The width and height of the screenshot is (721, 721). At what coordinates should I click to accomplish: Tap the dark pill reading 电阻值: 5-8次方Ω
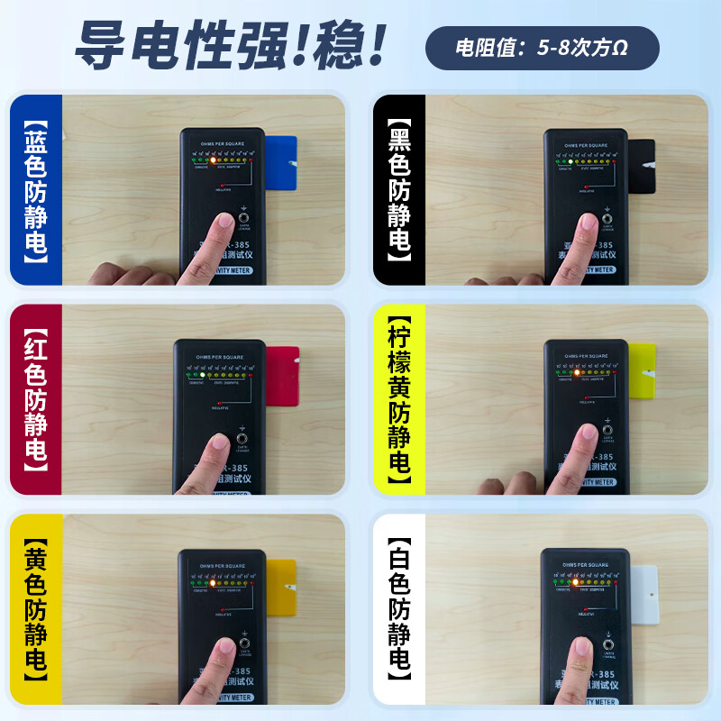click(x=542, y=48)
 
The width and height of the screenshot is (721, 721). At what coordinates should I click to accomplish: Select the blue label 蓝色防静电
click(x=36, y=191)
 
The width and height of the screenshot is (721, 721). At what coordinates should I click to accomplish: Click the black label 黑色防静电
click(x=399, y=191)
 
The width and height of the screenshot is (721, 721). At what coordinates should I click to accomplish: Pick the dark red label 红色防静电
click(x=36, y=400)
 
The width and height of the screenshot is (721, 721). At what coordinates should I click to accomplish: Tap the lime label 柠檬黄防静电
click(x=399, y=400)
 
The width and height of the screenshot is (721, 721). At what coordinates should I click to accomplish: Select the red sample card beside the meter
click(x=283, y=370)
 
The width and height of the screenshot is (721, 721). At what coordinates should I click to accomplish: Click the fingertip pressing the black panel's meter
click(x=588, y=225)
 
